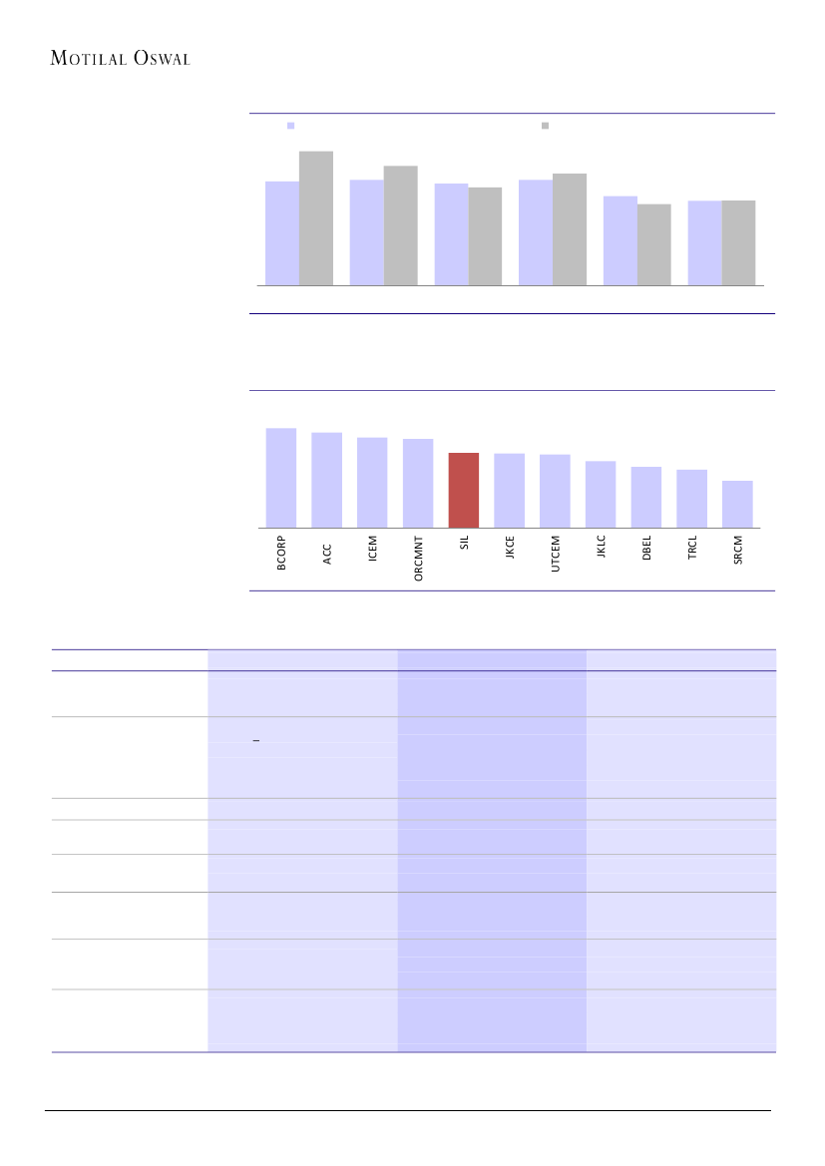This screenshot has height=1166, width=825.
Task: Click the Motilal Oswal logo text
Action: [x=120, y=58]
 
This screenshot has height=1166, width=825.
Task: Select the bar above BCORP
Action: [x=281, y=478]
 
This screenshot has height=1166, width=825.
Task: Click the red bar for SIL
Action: [x=464, y=490]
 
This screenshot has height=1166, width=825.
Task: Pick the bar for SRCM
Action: [x=737, y=504]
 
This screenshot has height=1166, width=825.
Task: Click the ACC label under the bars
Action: [x=327, y=555]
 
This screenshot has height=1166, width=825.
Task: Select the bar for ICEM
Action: [x=372, y=482]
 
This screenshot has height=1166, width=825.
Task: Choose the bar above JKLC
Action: [x=601, y=494]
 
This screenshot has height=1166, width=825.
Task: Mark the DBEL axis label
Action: [x=646, y=551]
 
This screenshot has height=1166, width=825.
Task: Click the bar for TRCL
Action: [x=692, y=498]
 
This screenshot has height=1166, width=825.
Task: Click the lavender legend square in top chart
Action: [x=291, y=126]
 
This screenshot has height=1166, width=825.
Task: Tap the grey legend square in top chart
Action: [x=546, y=126]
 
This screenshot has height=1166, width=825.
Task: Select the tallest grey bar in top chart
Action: [x=316, y=217]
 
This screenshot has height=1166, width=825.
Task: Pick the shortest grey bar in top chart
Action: [x=654, y=244]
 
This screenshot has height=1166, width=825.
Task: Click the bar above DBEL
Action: [x=646, y=497]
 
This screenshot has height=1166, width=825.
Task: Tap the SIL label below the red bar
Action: [x=464, y=547]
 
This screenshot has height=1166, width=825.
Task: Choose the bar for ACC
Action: [x=327, y=480]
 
